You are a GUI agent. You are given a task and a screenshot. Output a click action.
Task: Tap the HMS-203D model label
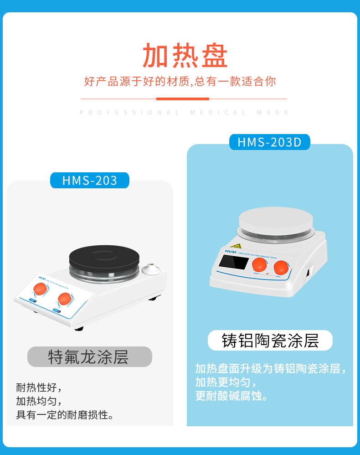tap(269, 142)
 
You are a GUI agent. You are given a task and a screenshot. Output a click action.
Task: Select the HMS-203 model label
tap(90, 181)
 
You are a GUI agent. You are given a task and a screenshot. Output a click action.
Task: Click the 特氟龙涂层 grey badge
tap(89, 357)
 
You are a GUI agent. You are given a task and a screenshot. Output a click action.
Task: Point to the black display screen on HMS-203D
tap(233, 262)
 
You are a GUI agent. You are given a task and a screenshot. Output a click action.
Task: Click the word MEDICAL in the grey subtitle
tap(218, 112)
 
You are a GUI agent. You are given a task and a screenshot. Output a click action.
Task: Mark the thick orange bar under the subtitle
tap(182, 98)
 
